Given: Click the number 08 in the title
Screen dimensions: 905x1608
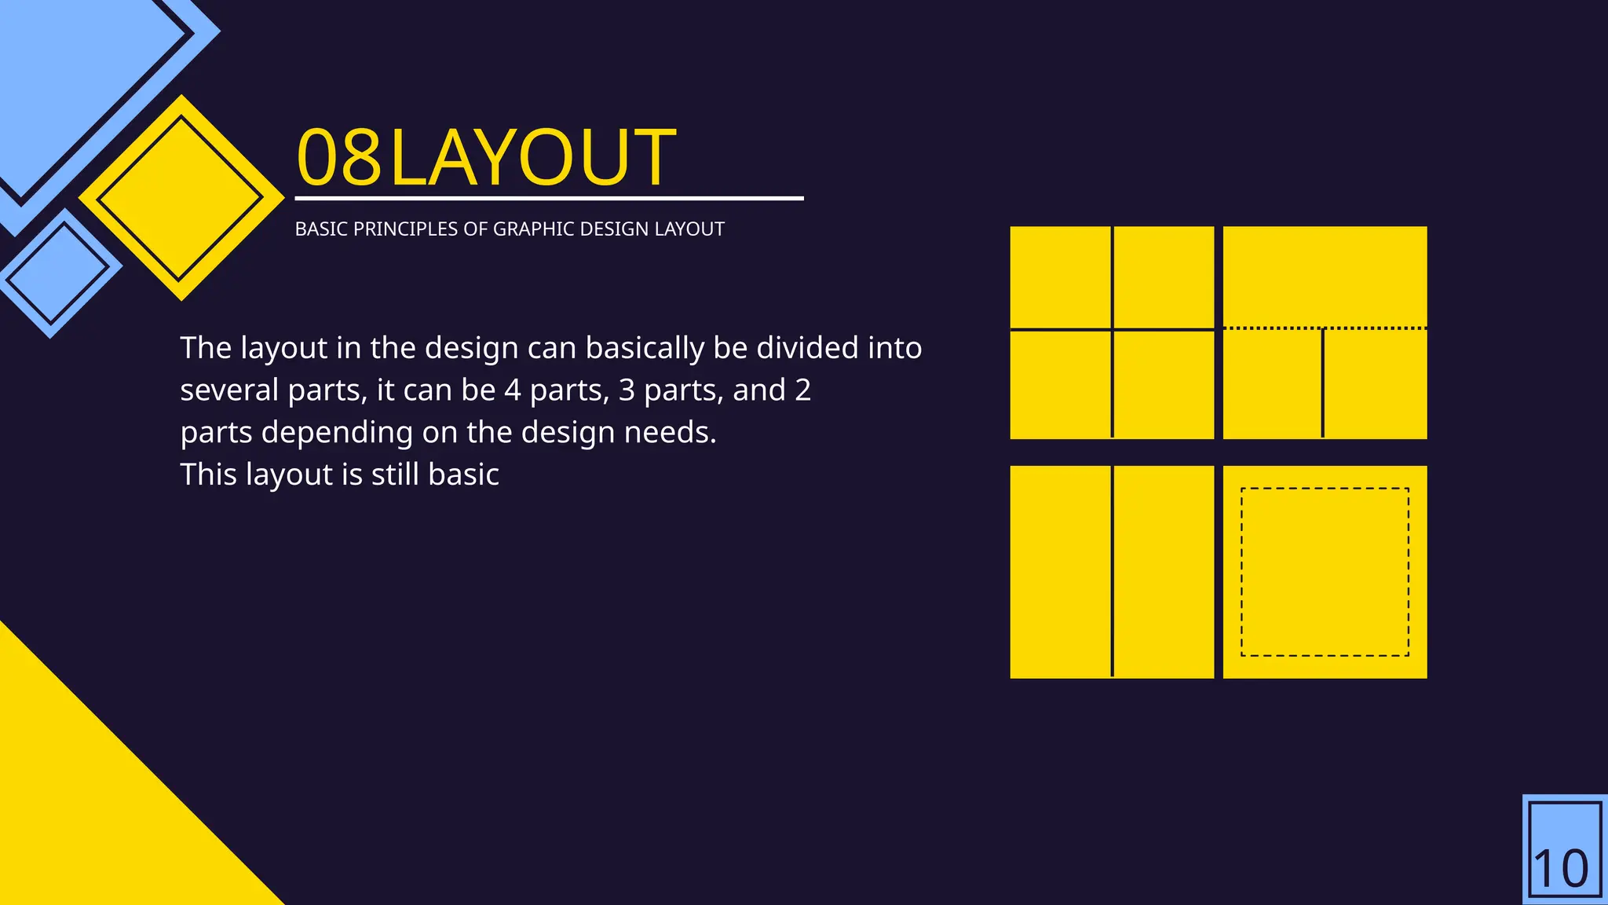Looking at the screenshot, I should (x=338, y=158).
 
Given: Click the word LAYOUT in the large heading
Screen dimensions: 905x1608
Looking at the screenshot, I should (x=532, y=158).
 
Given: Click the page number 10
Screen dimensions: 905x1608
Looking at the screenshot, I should (x=1561, y=869).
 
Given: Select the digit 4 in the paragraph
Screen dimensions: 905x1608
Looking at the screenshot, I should (x=512, y=390).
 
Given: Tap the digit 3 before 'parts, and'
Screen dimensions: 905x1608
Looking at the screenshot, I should (x=626, y=390).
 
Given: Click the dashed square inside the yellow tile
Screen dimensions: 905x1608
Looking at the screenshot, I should (x=1325, y=489).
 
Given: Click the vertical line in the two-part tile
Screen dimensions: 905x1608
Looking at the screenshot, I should (x=1112, y=571).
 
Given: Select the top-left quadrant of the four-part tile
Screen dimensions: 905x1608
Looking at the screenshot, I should (x=1060, y=277).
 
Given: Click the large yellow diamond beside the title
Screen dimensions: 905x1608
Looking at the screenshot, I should (x=181, y=198).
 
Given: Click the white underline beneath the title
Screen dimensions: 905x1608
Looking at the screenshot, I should (x=549, y=199).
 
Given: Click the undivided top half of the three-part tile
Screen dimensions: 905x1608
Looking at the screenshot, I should (x=1325, y=275).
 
